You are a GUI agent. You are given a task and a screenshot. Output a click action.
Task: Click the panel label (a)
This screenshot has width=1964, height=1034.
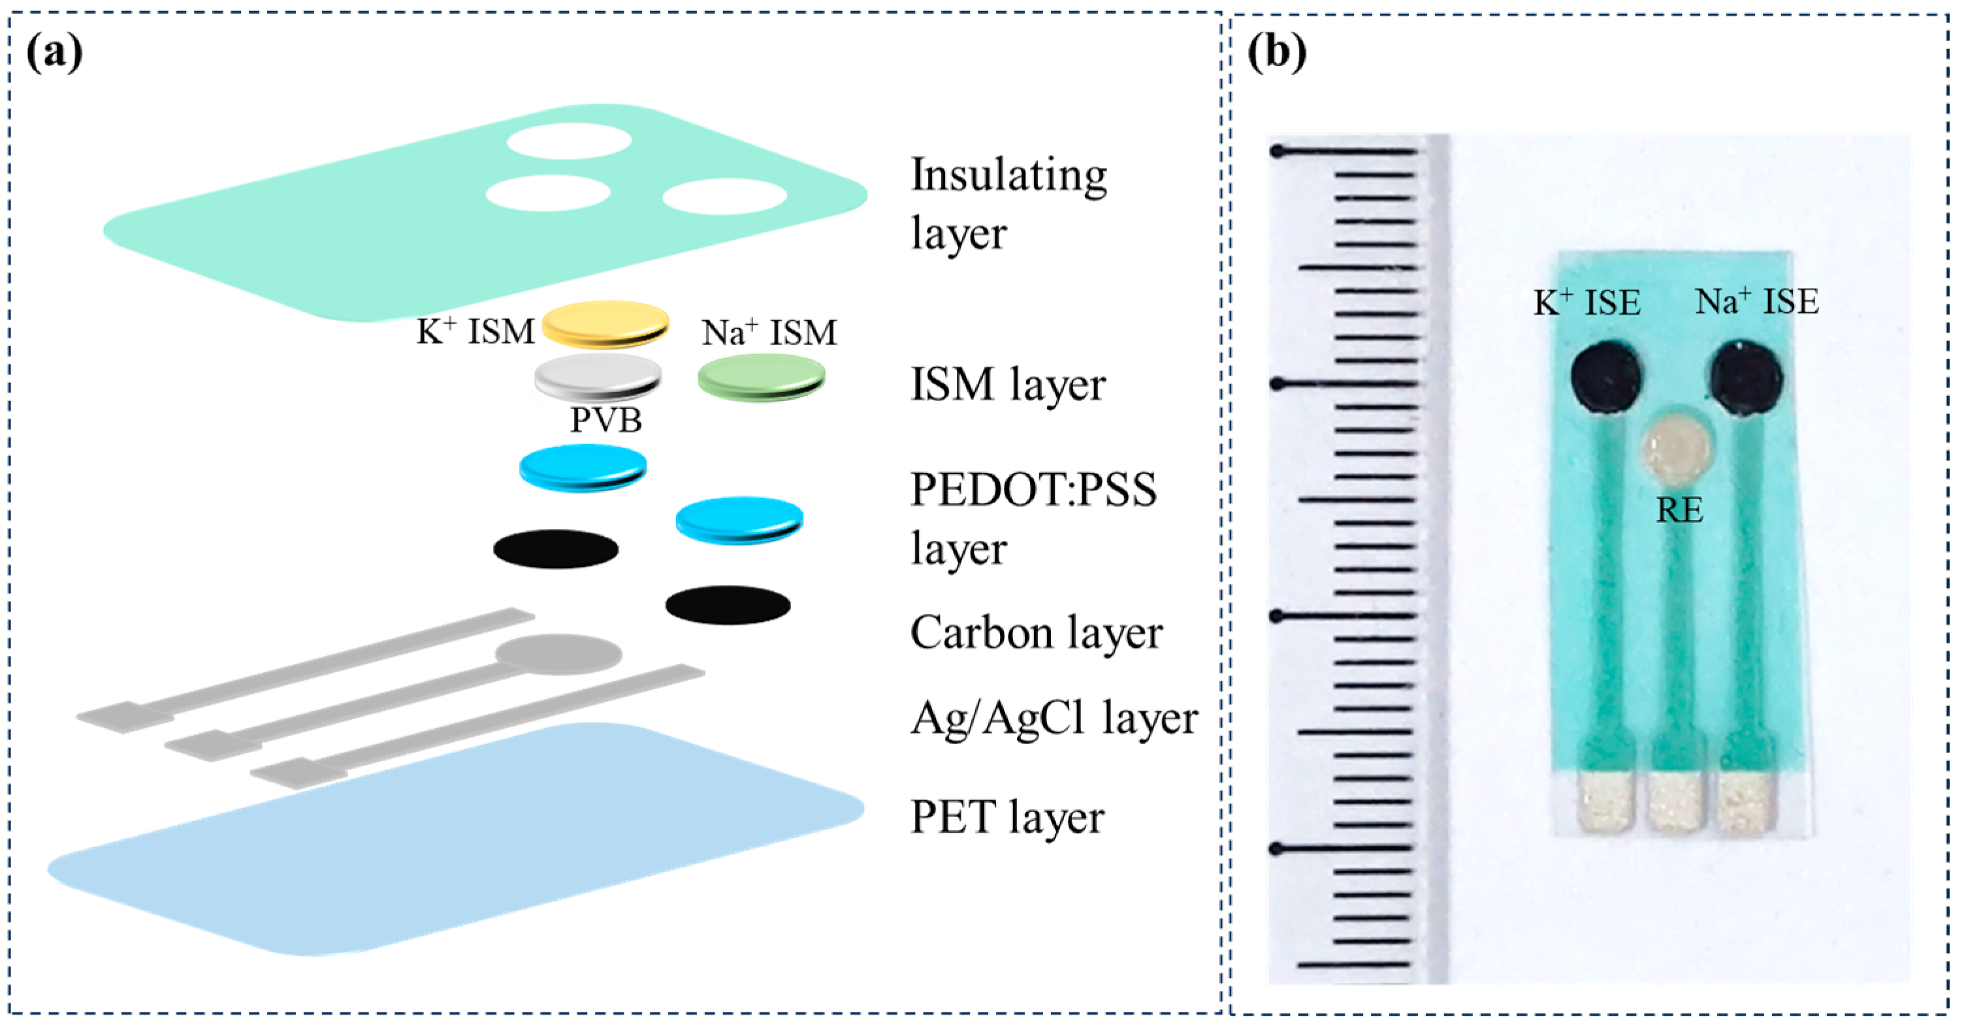tap(54, 54)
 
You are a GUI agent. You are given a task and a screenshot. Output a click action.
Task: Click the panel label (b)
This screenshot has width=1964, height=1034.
tap(1276, 54)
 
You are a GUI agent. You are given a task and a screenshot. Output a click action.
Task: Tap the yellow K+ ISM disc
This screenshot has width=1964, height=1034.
tap(605, 323)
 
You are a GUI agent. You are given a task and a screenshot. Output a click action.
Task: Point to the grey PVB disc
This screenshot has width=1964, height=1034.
tap(598, 377)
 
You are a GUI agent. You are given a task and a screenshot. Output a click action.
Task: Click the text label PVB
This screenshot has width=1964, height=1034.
tap(606, 420)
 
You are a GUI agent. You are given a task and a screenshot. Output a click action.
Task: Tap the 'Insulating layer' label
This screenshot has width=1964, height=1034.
tap(1008, 204)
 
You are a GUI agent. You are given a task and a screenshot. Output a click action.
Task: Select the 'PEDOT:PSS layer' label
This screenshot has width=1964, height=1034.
tap(1033, 519)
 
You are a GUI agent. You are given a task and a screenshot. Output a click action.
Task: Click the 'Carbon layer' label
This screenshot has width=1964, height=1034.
tap(1036, 633)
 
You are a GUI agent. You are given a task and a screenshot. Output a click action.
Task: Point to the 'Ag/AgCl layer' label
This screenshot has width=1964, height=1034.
tap(1054, 719)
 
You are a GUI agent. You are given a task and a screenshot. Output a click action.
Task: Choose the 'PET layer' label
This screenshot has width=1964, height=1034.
tap(1006, 817)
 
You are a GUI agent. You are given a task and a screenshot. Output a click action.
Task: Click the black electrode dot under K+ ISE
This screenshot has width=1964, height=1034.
tap(1605, 377)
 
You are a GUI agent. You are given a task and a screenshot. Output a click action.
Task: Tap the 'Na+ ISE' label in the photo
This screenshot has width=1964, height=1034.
tap(1756, 302)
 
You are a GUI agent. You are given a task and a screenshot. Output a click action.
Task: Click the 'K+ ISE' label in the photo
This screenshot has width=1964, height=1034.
tap(1586, 302)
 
